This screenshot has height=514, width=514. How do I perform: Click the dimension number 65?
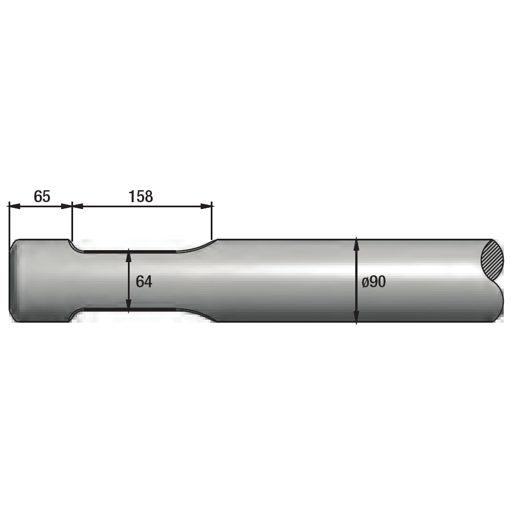(x=42, y=196)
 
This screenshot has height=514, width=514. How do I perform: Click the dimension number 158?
(x=141, y=196)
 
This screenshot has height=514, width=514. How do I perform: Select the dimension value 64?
(x=144, y=281)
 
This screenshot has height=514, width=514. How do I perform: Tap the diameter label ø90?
(x=374, y=282)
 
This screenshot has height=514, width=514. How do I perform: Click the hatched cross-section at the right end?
(x=493, y=260)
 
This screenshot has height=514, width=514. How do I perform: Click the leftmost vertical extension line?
(x=9, y=223)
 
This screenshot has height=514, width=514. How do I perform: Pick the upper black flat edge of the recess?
(x=128, y=251)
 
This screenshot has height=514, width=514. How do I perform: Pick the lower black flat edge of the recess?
(x=128, y=310)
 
